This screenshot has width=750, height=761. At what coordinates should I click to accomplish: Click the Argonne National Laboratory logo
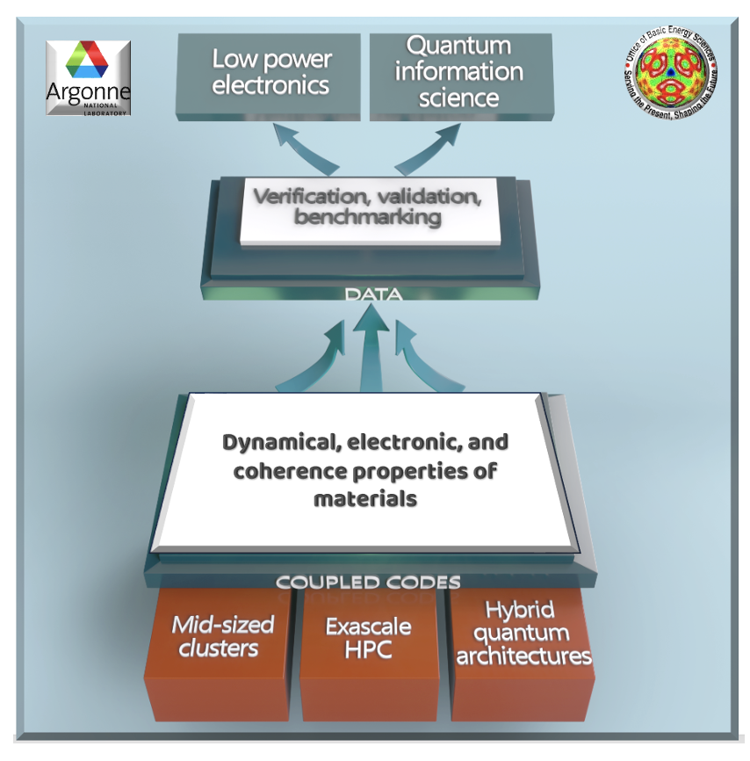pos(88,78)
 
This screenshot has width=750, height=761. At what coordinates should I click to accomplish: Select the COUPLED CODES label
pos(368,582)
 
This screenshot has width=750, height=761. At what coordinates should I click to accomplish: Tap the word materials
pos(364,499)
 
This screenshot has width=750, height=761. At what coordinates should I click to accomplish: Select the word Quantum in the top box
pos(458,46)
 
